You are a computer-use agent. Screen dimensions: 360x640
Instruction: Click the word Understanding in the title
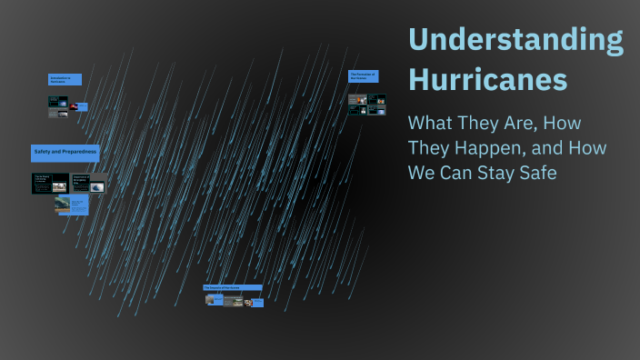click(515, 41)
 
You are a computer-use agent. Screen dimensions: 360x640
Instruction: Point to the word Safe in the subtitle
click(537, 173)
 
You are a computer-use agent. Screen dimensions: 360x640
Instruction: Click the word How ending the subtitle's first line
click(562, 122)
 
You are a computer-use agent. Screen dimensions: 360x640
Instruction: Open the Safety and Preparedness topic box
click(66, 151)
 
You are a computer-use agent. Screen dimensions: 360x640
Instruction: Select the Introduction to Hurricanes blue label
click(65, 80)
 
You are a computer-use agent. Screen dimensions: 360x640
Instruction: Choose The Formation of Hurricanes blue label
click(363, 75)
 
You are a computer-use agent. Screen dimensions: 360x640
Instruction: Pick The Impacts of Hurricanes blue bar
click(232, 287)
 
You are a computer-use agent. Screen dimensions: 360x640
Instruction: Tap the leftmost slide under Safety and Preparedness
click(49, 183)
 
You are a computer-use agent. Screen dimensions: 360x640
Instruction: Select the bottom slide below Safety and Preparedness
click(72, 206)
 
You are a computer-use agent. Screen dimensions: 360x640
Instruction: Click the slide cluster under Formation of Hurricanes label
click(367, 104)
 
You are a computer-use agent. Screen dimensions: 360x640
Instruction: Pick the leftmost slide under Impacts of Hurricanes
click(213, 300)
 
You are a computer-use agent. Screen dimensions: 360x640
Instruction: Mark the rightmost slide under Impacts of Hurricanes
click(256, 302)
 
